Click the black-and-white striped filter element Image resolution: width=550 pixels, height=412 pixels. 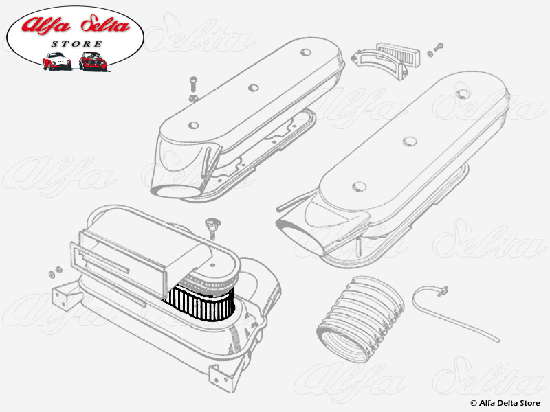coord(200,304)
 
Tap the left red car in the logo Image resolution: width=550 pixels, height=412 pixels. coord(56,61)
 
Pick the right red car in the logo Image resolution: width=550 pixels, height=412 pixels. coord(93,61)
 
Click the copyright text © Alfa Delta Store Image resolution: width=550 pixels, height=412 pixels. coord(505,402)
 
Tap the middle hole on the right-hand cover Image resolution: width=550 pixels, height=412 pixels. coord(410,141)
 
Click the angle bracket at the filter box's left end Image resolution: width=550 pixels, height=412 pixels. coord(67,294)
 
